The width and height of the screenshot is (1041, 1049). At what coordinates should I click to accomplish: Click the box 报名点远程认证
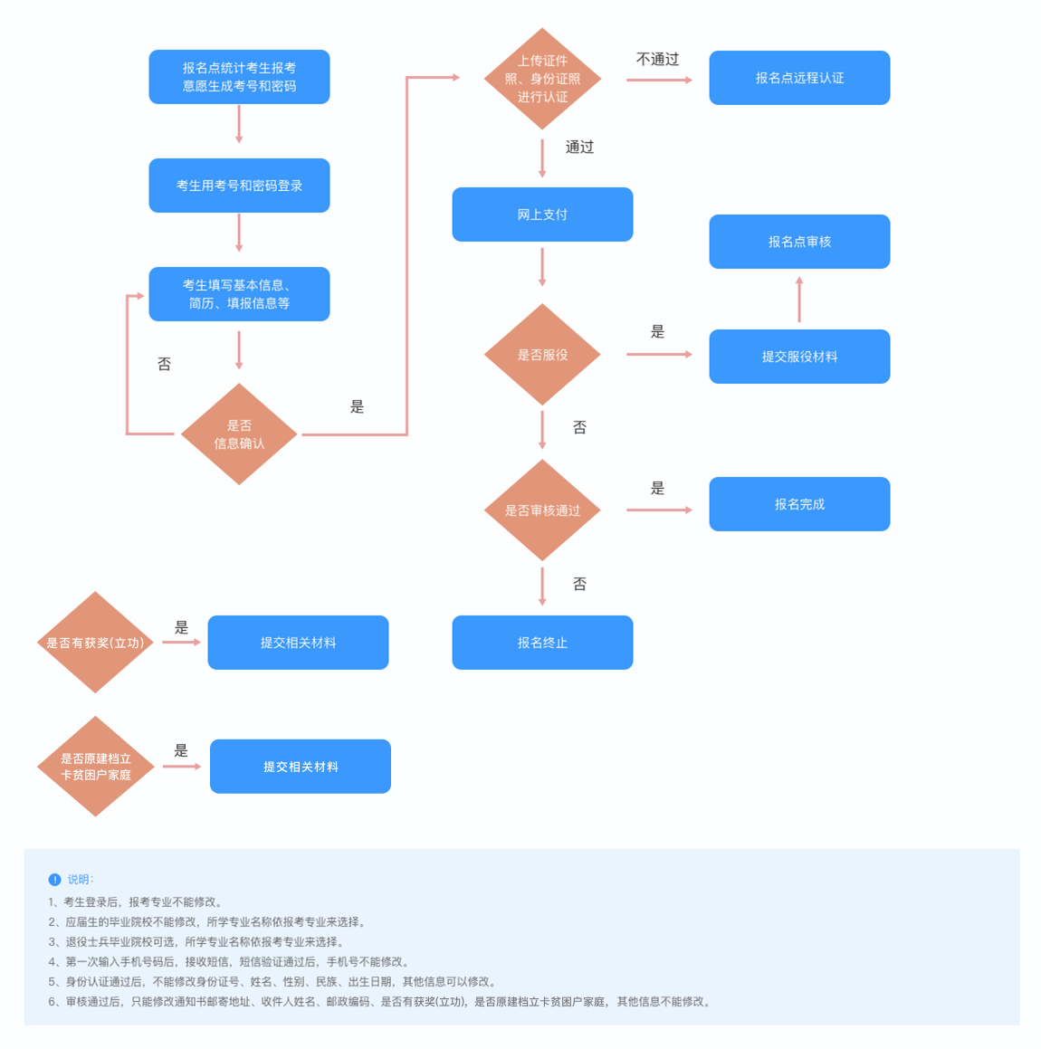click(799, 78)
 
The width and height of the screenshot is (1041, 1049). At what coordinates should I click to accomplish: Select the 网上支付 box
click(542, 215)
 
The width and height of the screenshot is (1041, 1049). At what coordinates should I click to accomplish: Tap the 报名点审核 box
click(799, 242)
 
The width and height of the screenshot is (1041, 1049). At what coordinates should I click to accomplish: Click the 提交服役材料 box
click(799, 357)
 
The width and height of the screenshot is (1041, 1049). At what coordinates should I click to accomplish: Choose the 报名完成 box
click(799, 504)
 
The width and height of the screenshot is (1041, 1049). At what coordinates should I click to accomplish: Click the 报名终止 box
click(542, 643)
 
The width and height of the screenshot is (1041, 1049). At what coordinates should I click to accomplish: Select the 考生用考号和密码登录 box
click(239, 186)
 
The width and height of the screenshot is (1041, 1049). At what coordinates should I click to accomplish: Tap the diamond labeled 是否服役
click(542, 355)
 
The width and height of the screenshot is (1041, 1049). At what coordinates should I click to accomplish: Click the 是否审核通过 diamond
click(542, 510)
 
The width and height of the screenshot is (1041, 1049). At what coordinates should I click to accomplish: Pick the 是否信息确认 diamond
click(239, 434)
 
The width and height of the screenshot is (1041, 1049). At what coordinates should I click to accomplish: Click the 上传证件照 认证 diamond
click(542, 79)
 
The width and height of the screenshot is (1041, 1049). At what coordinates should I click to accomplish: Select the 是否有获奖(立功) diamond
click(95, 643)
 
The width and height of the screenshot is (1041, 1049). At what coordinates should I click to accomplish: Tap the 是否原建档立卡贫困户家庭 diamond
click(95, 767)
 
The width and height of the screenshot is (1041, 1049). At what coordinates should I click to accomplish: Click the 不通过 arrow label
click(657, 60)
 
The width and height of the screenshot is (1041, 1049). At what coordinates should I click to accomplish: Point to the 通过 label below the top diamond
click(579, 148)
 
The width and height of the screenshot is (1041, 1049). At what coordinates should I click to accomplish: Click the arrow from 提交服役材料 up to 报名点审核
click(799, 300)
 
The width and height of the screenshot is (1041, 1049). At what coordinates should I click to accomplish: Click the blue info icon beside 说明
click(54, 880)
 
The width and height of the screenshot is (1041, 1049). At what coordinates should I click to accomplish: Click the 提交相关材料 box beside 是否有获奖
click(298, 643)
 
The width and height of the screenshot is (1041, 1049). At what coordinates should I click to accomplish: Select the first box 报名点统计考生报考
click(239, 77)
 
